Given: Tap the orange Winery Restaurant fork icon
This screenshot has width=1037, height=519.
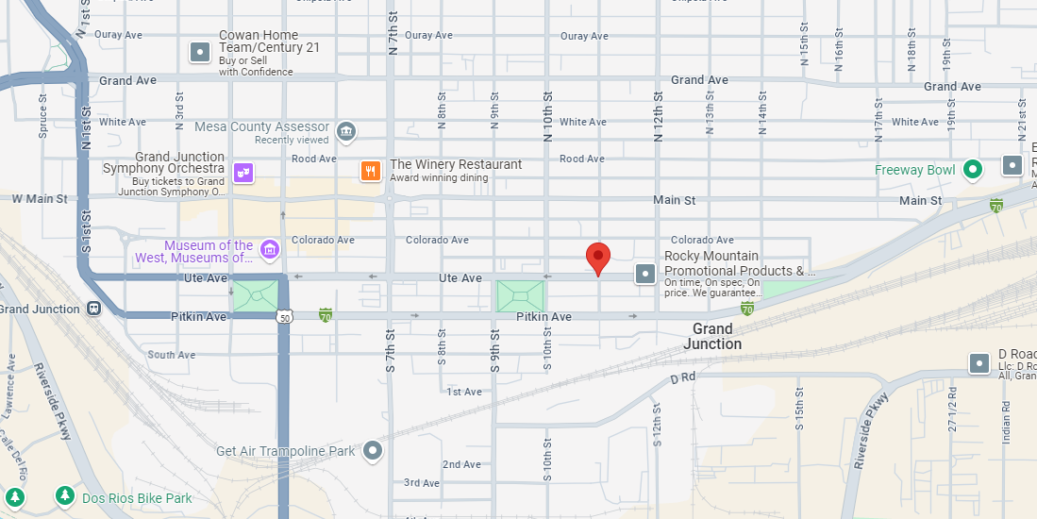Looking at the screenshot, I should pyautogui.click(x=371, y=171).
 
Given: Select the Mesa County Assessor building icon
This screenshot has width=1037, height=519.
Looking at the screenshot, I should pyautogui.click(x=345, y=129).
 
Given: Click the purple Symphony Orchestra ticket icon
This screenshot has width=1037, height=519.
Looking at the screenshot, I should pyautogui.click(x=243, y=173).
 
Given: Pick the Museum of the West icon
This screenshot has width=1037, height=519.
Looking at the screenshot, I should pyautogui.click(x=270, y=249).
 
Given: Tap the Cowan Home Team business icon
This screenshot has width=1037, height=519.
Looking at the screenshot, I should pyautogui.click(x=200, y=52).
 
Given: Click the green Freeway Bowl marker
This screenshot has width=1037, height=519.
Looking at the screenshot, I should pyautogui.click(x=972, y=170).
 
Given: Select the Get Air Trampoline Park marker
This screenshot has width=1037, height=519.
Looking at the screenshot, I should pyautogui.click(x=374, y=451).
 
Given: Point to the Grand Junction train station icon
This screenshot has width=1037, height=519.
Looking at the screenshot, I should pyautogui.click(x=93, y=309).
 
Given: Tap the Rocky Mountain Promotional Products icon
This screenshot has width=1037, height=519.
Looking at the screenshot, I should pyautogui.click(x=645, y=274).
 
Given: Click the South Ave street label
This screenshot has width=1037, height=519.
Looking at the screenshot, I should pyautogui.click(x=172, y=355).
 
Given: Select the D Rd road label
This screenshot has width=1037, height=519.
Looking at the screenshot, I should pyautogui.click(x=682, y=377).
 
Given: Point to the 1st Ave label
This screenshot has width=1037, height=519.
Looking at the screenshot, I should pyautogui.click(x=464, y=392).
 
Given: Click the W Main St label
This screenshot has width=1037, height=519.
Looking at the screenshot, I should pyautogui.click(x=40, y=199).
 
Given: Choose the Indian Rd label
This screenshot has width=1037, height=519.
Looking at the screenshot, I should pyautogui.click(x=1007, y=429).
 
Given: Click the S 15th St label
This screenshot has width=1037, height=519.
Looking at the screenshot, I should pyautogui.click(x=799, y=409).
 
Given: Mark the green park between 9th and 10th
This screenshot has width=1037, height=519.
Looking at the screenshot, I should pyautogui.click(x=520, y=296).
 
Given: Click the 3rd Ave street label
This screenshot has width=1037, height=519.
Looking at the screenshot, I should pyautogui.click(x=422, y=483).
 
